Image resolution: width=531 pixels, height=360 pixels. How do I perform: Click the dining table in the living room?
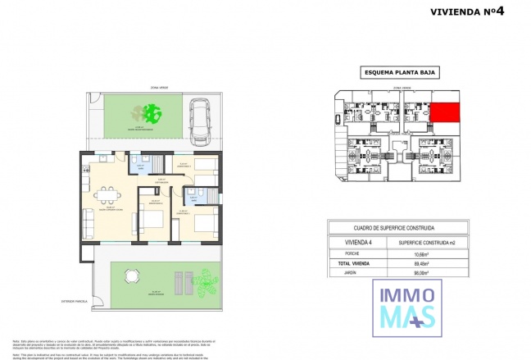pyautogui.click(x=105, y=194)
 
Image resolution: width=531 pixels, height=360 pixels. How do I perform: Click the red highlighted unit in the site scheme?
pyautogui.click(x=444, y=113)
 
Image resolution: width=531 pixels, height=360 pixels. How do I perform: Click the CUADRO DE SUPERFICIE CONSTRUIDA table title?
pyautogui.click(x=394, y=228)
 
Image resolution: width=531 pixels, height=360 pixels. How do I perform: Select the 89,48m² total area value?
pyautogui.click(x=424, y=264)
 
